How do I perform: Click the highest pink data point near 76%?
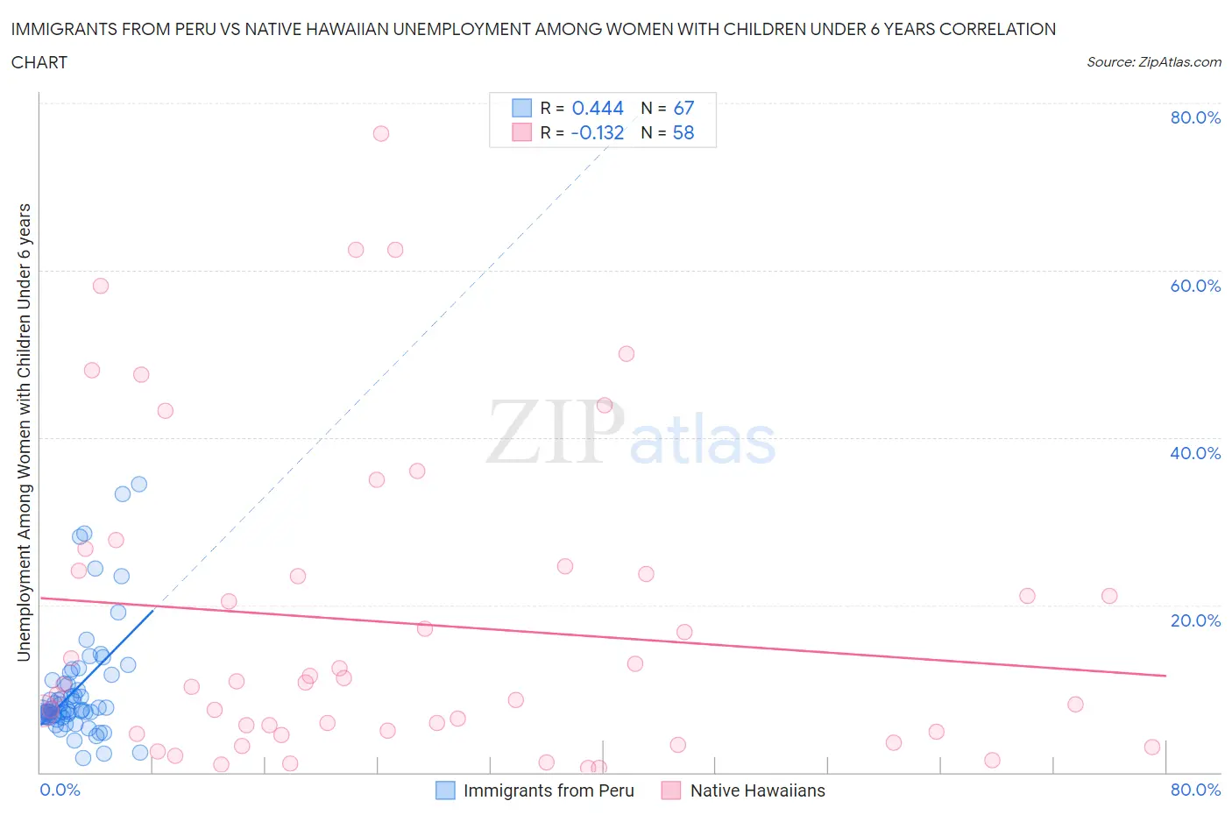(x=380, y=133)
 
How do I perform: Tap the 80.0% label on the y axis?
(x=1195, y=117)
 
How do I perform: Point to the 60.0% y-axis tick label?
(x=1195, y=286)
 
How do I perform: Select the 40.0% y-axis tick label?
(x=1195, y=453)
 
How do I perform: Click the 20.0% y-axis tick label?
(x=1195, y=620)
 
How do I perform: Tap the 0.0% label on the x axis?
(x=60, y=790)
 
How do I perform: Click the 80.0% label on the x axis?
(x=1195, y=790)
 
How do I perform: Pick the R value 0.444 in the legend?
(x=598, y=108)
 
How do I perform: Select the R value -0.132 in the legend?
(x=598, y=132)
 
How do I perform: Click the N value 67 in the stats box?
(x=683, y=108)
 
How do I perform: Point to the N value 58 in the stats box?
(x=683, y=132)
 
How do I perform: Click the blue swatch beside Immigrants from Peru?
(x=445, y=790)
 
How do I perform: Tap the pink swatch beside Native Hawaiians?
(x=671, y=790)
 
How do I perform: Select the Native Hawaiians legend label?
(x=757, y=790)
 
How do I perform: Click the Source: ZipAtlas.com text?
(x=1153, y=62)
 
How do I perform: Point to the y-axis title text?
(x=24, y=432)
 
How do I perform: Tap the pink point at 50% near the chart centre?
(x=626, y=354)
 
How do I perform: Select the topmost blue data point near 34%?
(x=138, y=484)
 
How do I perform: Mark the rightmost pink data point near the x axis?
(x=1151, y=747)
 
